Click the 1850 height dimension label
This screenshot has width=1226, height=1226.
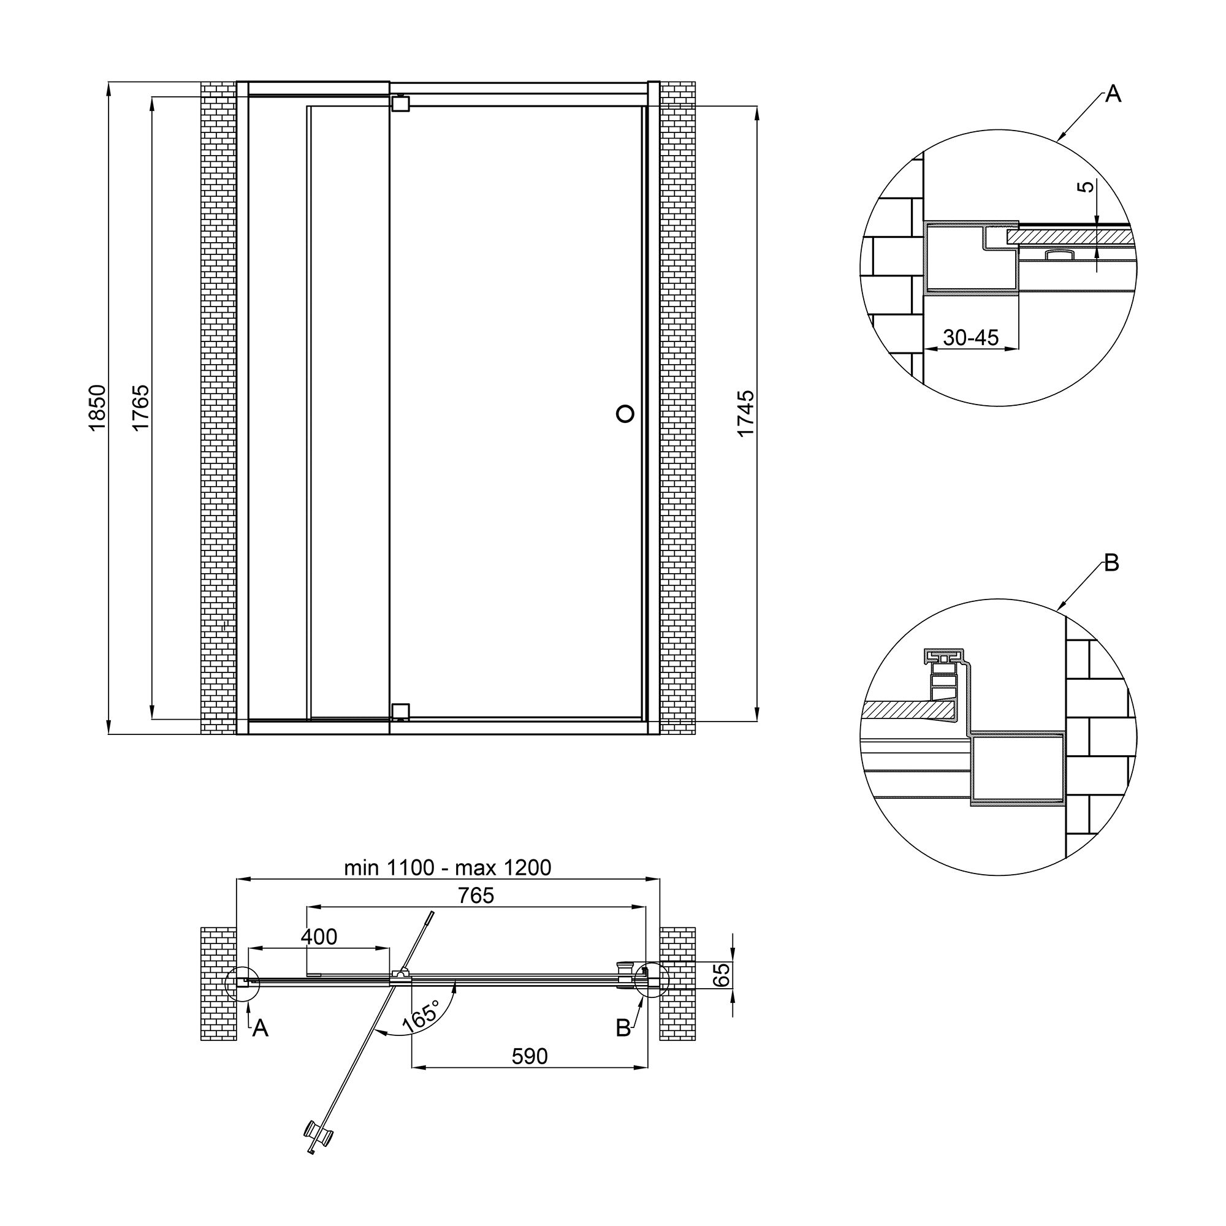point(96,408)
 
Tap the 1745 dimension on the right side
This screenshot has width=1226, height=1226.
point(746,413)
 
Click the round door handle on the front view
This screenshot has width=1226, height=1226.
point(626,414)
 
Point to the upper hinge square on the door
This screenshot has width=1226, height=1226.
point(400,104)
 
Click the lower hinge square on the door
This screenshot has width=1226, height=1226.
point(400,711)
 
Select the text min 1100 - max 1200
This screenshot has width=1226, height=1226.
point(447,867)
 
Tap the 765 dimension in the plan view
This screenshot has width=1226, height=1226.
point(476,896)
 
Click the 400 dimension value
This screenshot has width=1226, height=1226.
point(319,937)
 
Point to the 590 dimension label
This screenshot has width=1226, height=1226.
point(529,1056)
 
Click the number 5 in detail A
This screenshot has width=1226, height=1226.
point(1087,186)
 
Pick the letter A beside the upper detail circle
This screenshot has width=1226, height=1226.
point(1113,94)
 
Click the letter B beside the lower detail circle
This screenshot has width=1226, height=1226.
point(1111,563)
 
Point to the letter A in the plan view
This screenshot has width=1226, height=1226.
point(260,1028)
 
